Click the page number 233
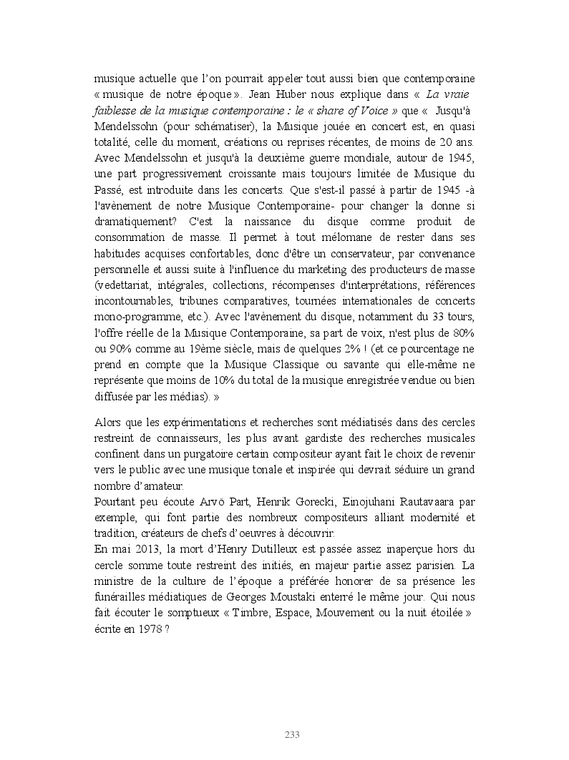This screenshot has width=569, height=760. pos(292,735)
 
